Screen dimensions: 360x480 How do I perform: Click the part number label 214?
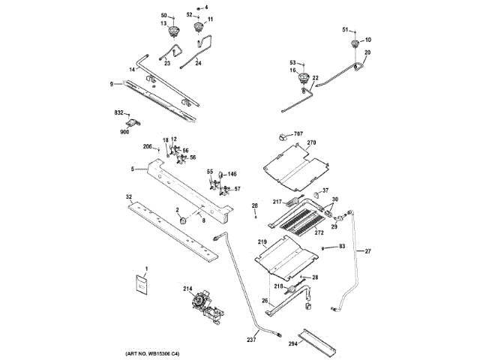coord(187,288)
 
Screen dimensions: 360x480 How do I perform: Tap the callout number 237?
coord(251,339)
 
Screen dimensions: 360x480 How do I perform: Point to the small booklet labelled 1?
coord(141,283)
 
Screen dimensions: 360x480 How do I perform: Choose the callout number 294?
coord(292,343)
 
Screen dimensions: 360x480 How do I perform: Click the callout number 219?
coord(262,241)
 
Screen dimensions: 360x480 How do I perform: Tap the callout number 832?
coord(118,112)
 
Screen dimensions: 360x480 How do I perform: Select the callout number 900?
coord(124,132)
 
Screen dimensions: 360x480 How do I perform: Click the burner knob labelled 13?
coord(177,30)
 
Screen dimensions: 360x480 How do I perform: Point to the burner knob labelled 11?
coord(199,28)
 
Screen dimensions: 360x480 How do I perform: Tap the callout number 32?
coord(129,196)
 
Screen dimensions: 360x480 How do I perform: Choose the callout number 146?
coord(232,173)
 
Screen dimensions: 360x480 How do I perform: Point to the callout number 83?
coord(342,246)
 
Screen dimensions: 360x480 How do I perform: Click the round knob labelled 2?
coord(182,220)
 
